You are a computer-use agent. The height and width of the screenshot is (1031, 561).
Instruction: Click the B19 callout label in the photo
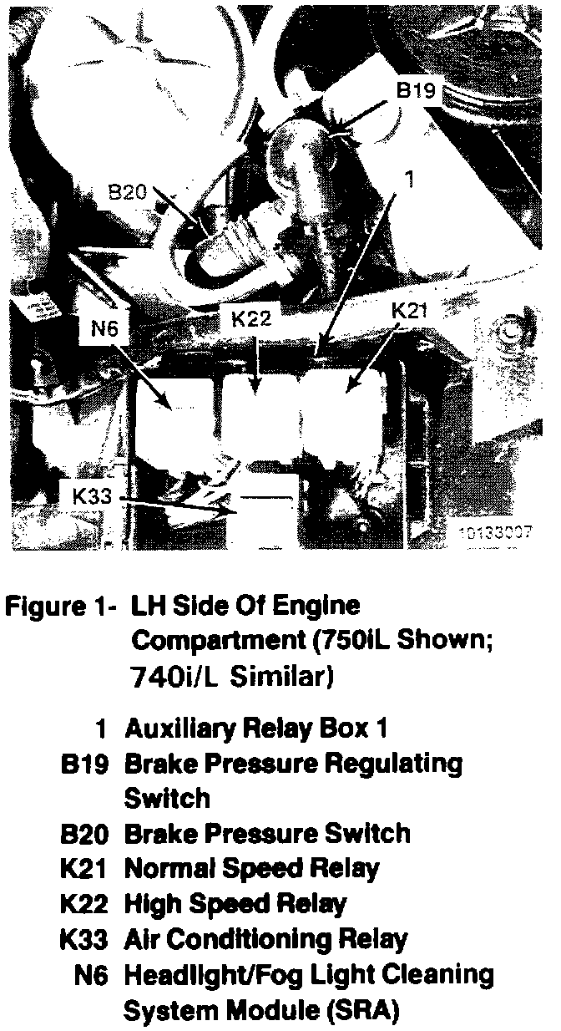[416, 91]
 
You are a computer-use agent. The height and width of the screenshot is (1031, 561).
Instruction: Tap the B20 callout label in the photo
[128, 193]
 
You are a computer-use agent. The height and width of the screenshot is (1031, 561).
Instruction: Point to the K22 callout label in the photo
[249, 318]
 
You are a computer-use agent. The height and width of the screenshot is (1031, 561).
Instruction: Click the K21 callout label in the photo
[410, 311]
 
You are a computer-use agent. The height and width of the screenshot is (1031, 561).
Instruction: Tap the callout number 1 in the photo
[409, 179]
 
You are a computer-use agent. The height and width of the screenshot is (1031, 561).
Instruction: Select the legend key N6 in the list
[92, 974]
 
